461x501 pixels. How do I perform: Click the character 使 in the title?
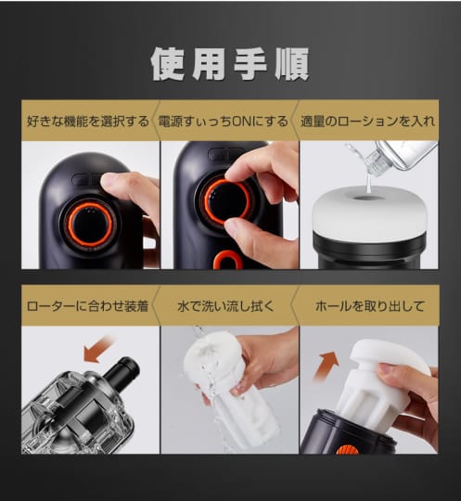tap(168, 64)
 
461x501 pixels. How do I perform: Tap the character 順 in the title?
tap(292, 64)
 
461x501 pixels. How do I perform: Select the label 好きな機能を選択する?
tap(88, 122)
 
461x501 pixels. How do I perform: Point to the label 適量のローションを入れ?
tap(367, 122)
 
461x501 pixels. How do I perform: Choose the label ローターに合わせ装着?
tap(87, 306)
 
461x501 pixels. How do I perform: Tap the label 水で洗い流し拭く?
tap(226, 306)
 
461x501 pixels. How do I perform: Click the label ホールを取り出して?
tap(369, 306)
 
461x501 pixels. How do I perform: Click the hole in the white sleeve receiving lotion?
tap(366, 199)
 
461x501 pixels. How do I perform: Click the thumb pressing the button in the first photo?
tap(123, 185)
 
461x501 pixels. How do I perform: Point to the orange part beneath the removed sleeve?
tap(347, 449)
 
